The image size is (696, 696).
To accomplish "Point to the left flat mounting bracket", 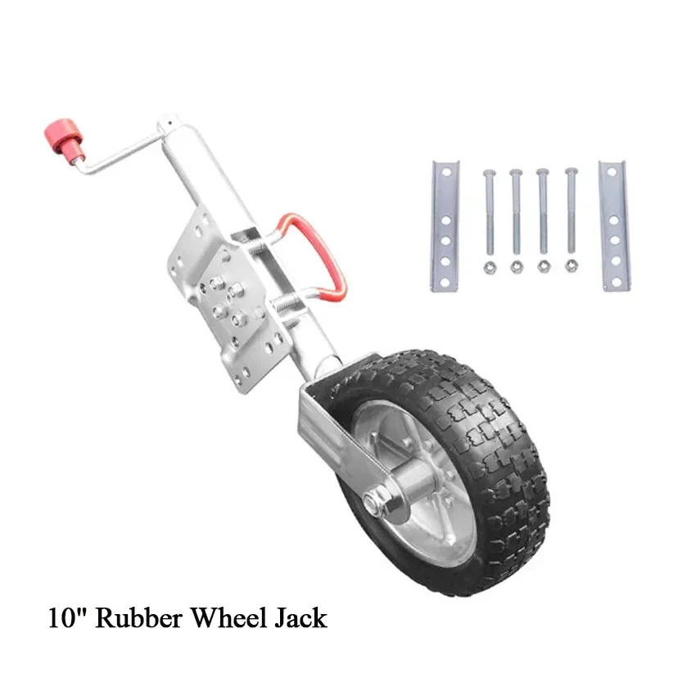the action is coord(445,226).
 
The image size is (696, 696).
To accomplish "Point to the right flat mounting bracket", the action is coord(614,226).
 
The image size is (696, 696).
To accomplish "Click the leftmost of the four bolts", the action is coord(489,212).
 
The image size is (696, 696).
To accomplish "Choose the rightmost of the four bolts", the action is coord(572,210).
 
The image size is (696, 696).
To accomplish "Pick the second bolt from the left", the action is coord(516,212).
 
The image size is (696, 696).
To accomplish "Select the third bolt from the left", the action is coord(542,211).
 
